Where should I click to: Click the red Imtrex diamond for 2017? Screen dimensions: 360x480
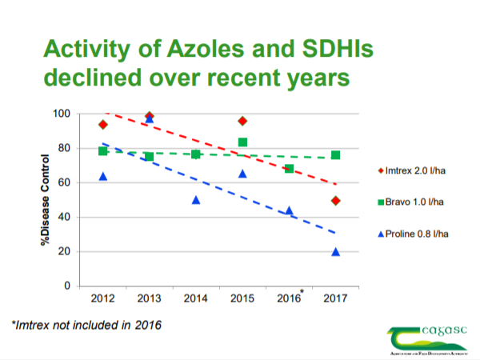335,200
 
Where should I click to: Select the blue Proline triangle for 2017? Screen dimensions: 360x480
335,252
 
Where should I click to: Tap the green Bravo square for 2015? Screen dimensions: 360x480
242,142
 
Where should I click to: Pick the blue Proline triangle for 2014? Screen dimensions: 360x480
196,200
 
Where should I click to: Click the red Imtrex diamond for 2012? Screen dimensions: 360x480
103,124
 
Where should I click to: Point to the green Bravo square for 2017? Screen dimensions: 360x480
335,155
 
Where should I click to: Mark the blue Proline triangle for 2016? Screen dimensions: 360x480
289,211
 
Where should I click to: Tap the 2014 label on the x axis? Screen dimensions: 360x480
196,298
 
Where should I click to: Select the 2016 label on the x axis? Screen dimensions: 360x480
289,298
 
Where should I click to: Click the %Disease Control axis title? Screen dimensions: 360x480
47,200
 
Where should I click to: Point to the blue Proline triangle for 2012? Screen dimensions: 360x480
103,176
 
